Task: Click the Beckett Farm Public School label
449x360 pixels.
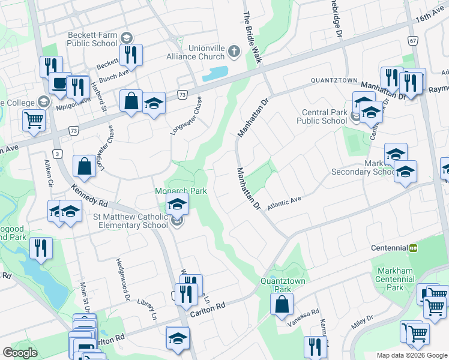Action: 92,39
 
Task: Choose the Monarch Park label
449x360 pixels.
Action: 181,191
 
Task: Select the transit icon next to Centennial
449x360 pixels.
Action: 414,248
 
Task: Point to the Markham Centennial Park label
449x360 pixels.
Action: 394,279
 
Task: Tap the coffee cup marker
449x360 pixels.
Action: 59,83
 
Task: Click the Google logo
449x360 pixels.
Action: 20,352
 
